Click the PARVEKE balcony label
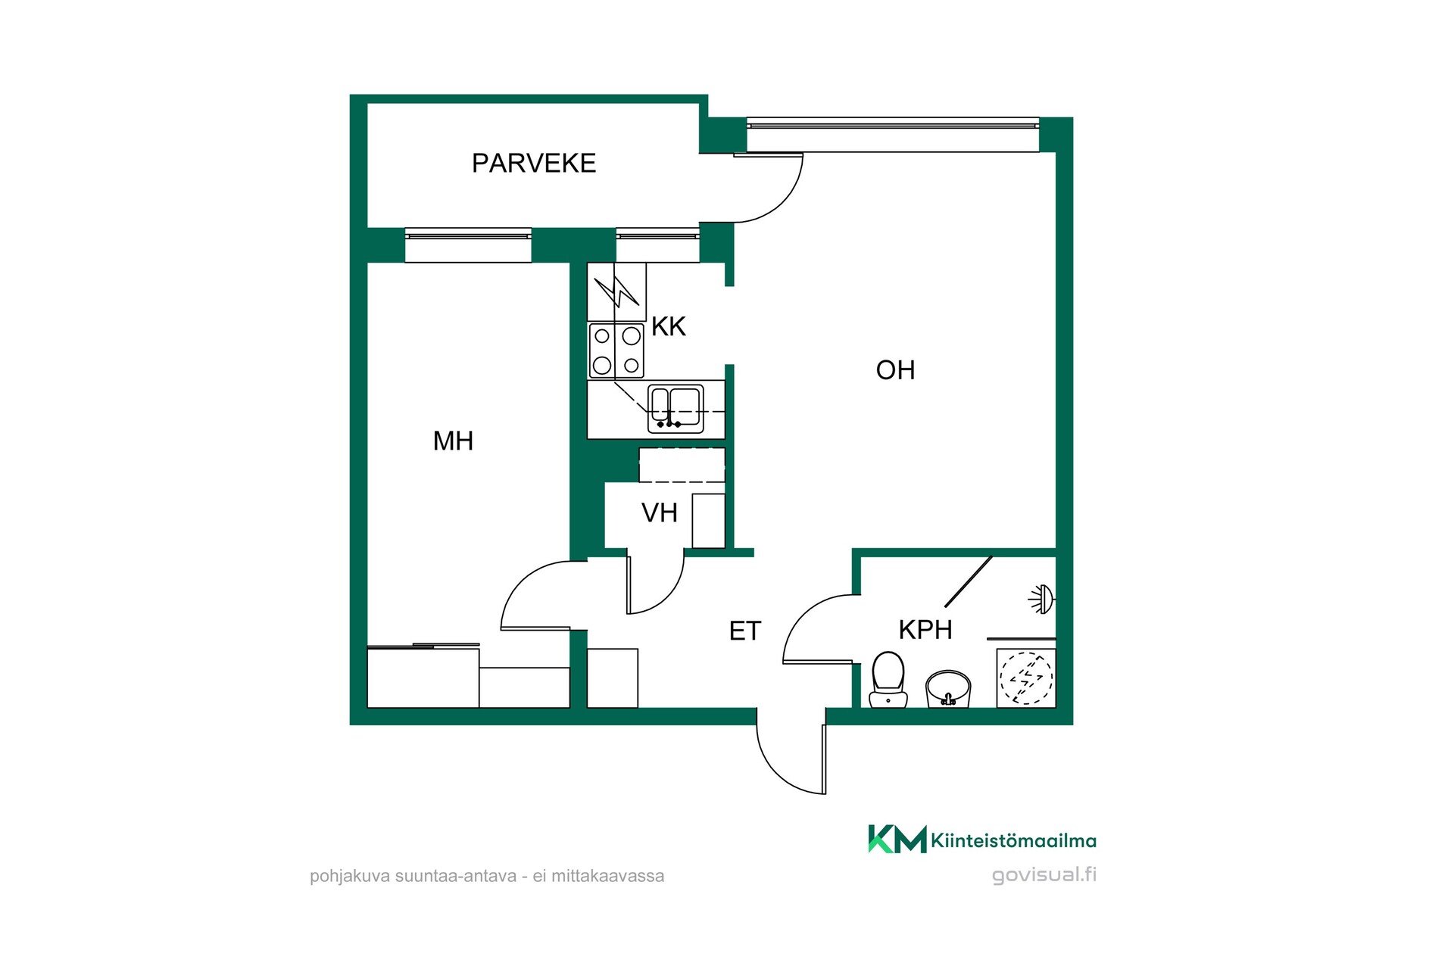(x=534, y=164)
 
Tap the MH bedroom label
(x=453, y=441)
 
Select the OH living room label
(x=895, y=370)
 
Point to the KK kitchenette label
(x=669, y=326)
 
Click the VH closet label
(x=660, y=513)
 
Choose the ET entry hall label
(x=744, y=631)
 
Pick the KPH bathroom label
(x=925, y=629)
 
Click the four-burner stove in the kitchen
(x=616, y=351)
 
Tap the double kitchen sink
(x=676, y=409)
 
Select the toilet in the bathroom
(x=888, y=679)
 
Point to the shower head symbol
(x=1043, y=600)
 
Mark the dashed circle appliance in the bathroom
(x=1026, y=678)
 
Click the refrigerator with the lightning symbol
(x=616, y=291)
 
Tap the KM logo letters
(x=897, y=839)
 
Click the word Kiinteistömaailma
(x=1013, y=840)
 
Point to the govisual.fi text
(x=1044, y=875)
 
